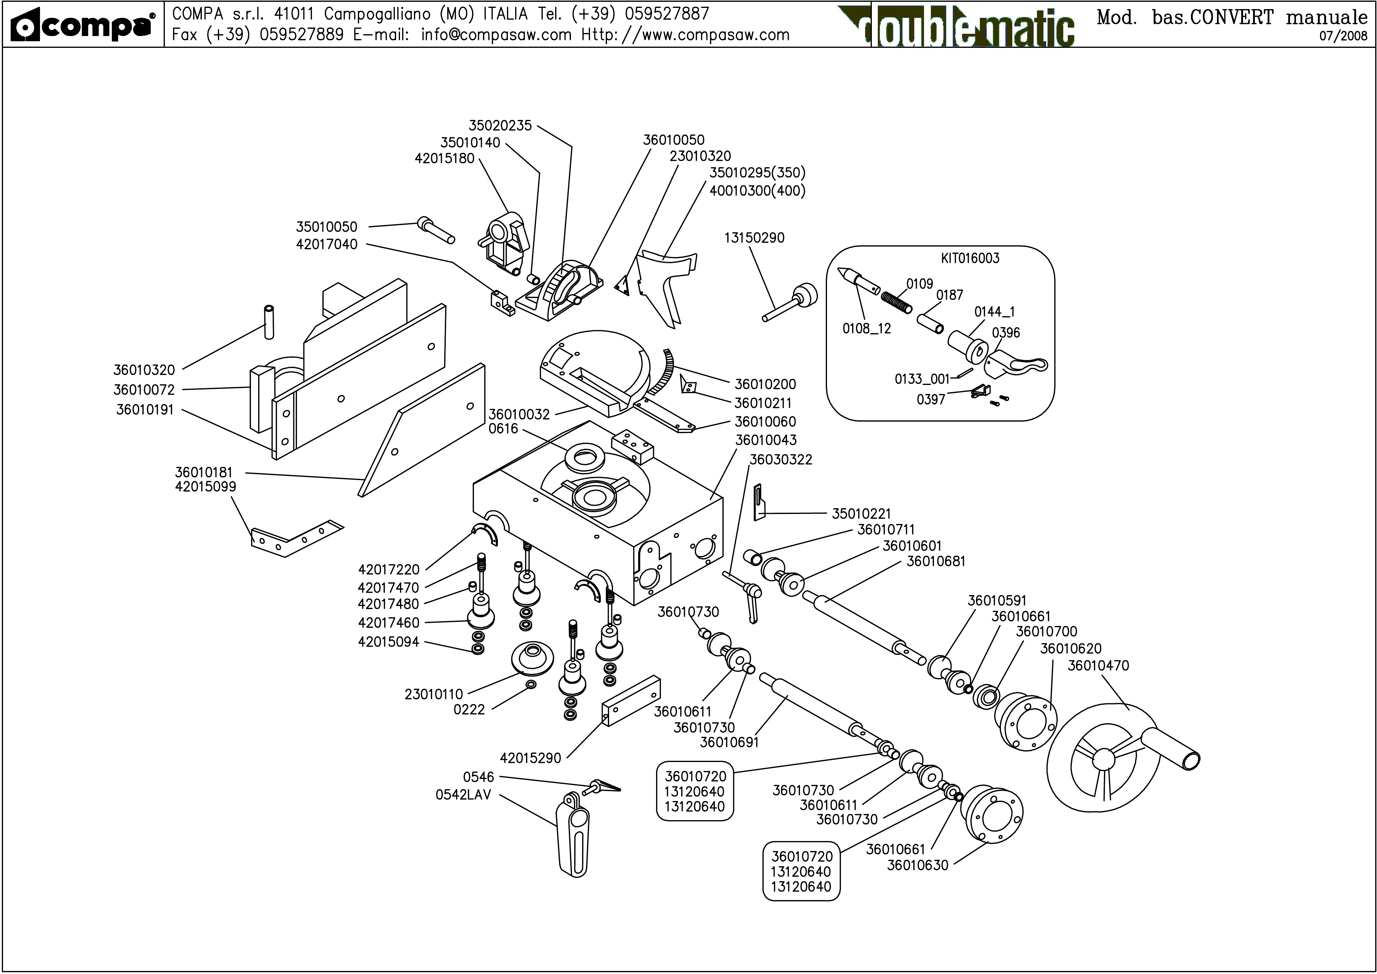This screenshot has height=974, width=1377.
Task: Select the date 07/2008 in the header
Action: click(x=1343, y=35)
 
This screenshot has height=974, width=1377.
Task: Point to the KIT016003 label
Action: click(x=970, y=259)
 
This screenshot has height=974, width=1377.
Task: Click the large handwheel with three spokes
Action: click(x=1104, y=759)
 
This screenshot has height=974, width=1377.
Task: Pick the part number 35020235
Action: click(x=500, y=125)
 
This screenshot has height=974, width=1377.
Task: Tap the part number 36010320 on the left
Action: click(x=144, y=370)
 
